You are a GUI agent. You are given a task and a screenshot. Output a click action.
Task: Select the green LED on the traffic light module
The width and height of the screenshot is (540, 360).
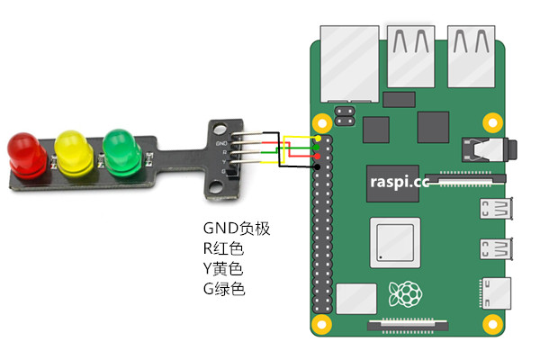coord(121,148)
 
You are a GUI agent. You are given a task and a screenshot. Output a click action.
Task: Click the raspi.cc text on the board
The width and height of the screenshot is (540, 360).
coord(400,181)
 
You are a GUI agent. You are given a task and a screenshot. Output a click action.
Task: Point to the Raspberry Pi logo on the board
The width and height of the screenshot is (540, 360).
coord(404,293)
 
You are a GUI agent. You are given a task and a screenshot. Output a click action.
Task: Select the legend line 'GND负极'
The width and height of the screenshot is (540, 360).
coord(237,229)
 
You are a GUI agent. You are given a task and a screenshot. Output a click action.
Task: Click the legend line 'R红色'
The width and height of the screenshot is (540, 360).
coord(223,248)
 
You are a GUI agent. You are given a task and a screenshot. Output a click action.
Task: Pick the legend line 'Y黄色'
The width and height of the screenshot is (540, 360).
coord(223,268)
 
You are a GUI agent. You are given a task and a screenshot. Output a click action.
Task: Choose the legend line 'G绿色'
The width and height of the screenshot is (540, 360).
coord(224,289)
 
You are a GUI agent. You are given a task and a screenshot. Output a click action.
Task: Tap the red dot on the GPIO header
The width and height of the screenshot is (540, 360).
coord(317,157)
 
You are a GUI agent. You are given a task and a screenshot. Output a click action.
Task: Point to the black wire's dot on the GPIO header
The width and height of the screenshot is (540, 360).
coord(317,166)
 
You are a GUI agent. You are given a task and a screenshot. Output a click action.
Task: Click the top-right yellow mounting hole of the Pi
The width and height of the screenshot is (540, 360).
coord(491,121)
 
